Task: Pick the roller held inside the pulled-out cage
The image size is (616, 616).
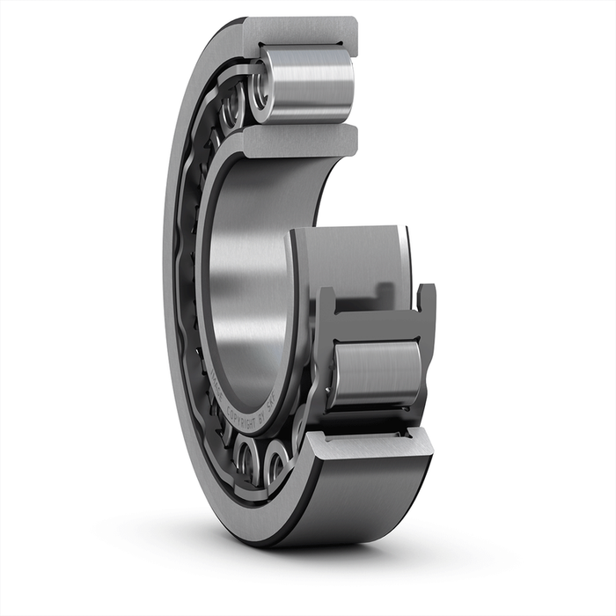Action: tap(376, 374)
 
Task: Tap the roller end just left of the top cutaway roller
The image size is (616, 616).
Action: tap(232, 110)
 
